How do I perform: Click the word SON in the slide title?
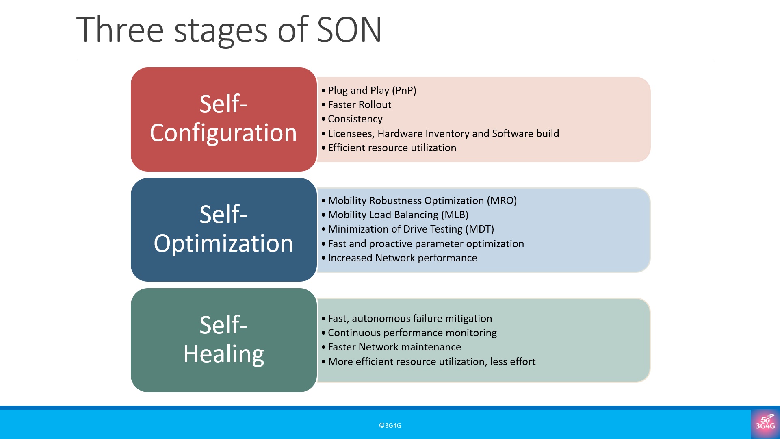pyautogui.click(x=349, y=30)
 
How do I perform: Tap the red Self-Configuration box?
pyautogui.click(x=224, y=120)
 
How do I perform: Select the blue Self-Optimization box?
pyautogui.click(x=224, y=230)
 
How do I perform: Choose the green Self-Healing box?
pyautogui.click(x=224, y=340)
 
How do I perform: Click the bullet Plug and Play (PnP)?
pyautogui.click(x=372, y=90)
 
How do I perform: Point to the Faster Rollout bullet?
pyautogui.click(x=360, y=104)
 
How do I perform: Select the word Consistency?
pyautogui.click(x=355, y=119)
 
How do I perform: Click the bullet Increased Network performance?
pyautogui.click(x=402, y=258)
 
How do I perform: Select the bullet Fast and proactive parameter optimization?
pyautogui.click(x=426, y=243)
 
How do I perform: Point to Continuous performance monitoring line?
pyautogui.click(x=412, y=333)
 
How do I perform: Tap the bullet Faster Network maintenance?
pyautogui.click(x=394, y=347)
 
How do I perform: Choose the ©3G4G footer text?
pyautogui.click(x=390, y=425)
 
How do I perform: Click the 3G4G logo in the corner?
pyautogui.click(x=765, y=424)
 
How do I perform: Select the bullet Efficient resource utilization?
pyautogui.click(x=392, y=148)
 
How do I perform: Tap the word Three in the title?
pyautogui.click(x=120, y=30)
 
